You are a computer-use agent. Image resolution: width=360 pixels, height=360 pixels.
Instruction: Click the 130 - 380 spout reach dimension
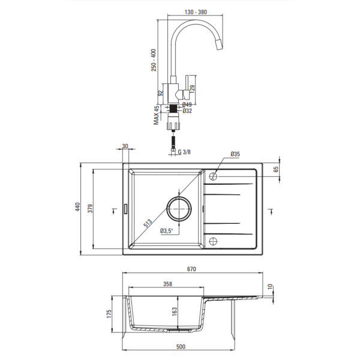point(196,12)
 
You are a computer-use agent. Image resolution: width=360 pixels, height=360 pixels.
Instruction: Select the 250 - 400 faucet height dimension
point(154,60)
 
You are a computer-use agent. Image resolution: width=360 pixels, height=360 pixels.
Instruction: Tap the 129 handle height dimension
point(193,89)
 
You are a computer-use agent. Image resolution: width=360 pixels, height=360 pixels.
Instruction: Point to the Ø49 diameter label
point(187,104)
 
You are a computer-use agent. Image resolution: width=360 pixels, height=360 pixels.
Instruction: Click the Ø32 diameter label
point(187,111)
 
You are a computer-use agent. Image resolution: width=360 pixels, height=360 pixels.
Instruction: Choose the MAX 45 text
point(157,115)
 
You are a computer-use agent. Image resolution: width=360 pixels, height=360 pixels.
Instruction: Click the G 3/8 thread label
point(184,152)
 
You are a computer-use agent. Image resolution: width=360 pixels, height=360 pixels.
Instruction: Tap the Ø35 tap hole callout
point(235,154)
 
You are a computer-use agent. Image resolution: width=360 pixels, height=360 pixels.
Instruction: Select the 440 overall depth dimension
point(78,207)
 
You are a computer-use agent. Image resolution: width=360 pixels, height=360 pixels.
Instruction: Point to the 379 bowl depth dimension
point(90,208)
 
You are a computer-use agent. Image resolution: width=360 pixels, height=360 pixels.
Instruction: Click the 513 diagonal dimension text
point(148,223)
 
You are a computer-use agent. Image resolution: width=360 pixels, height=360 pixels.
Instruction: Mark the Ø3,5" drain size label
point(166,231)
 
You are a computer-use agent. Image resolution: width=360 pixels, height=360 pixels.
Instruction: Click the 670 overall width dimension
point(191,269)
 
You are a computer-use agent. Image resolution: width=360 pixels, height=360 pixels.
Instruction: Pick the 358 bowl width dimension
point(167,284)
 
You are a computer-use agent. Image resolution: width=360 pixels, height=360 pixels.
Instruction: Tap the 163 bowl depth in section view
point(174,312)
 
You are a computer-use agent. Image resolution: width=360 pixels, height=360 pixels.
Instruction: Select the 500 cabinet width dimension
point(181,346)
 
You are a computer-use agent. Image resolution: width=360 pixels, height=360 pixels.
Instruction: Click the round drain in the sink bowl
point(179,209)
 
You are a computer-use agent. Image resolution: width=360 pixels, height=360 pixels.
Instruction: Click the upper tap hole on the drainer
point(213,176)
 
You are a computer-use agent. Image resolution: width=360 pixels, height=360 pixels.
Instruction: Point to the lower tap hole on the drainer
point(213,241)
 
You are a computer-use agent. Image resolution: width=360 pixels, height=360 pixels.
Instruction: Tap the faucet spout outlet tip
point(220,47)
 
